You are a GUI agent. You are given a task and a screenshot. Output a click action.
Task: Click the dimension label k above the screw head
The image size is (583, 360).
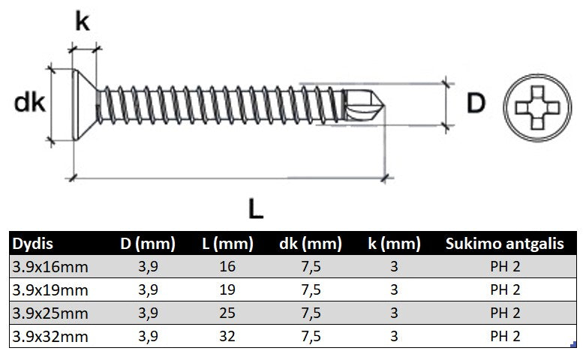[83, 22]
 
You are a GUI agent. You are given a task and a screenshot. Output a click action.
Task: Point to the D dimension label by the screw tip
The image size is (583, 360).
[476, 103]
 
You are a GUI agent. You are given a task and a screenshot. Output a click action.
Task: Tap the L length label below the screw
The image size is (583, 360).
[256, 208]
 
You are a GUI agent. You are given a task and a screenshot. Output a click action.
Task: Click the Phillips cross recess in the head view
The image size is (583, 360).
[537, 108]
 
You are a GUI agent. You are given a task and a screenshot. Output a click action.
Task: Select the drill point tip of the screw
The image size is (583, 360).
[384, 106]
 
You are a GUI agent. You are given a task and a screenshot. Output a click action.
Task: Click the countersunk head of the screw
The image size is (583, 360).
[85, 104]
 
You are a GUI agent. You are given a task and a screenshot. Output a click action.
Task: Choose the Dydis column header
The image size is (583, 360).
[33, 244]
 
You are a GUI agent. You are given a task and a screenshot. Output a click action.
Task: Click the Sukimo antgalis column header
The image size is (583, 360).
[504, 244]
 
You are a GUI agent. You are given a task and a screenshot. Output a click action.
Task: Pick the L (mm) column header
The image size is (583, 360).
[227, 244]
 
